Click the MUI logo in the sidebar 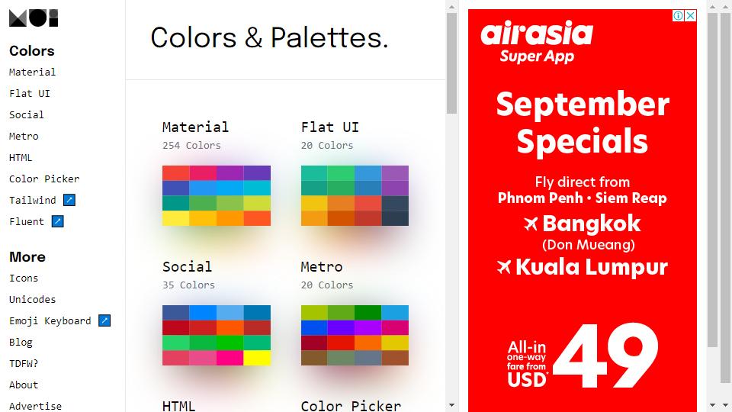click(x=34, y=18)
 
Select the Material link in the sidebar click(x=32, y=72)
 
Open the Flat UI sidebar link click(x=30, y=93)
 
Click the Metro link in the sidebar click(x=24, y=137)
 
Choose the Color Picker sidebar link click(x=44, y=179)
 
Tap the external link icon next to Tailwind click(x=69, y=200)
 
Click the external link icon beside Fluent click(x=57, y=221)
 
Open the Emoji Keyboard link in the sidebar click(x=50, y=321)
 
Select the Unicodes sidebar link click(x=32, y=299)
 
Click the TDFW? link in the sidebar click(x=24, y=363)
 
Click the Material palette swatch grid click(x=216, y=195)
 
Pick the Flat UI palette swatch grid click(x=355, y=195)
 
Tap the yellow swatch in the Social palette click(x=257, y=358)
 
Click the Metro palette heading click(x=322, y=267)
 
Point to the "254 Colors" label click(x=191, y=145)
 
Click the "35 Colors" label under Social click(x=188, y=285)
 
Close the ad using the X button click(x=691, y=15)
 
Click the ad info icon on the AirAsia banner click(x=679, y=15)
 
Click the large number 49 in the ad click(x=606, y=356)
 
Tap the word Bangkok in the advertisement click(x=592, y=224)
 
